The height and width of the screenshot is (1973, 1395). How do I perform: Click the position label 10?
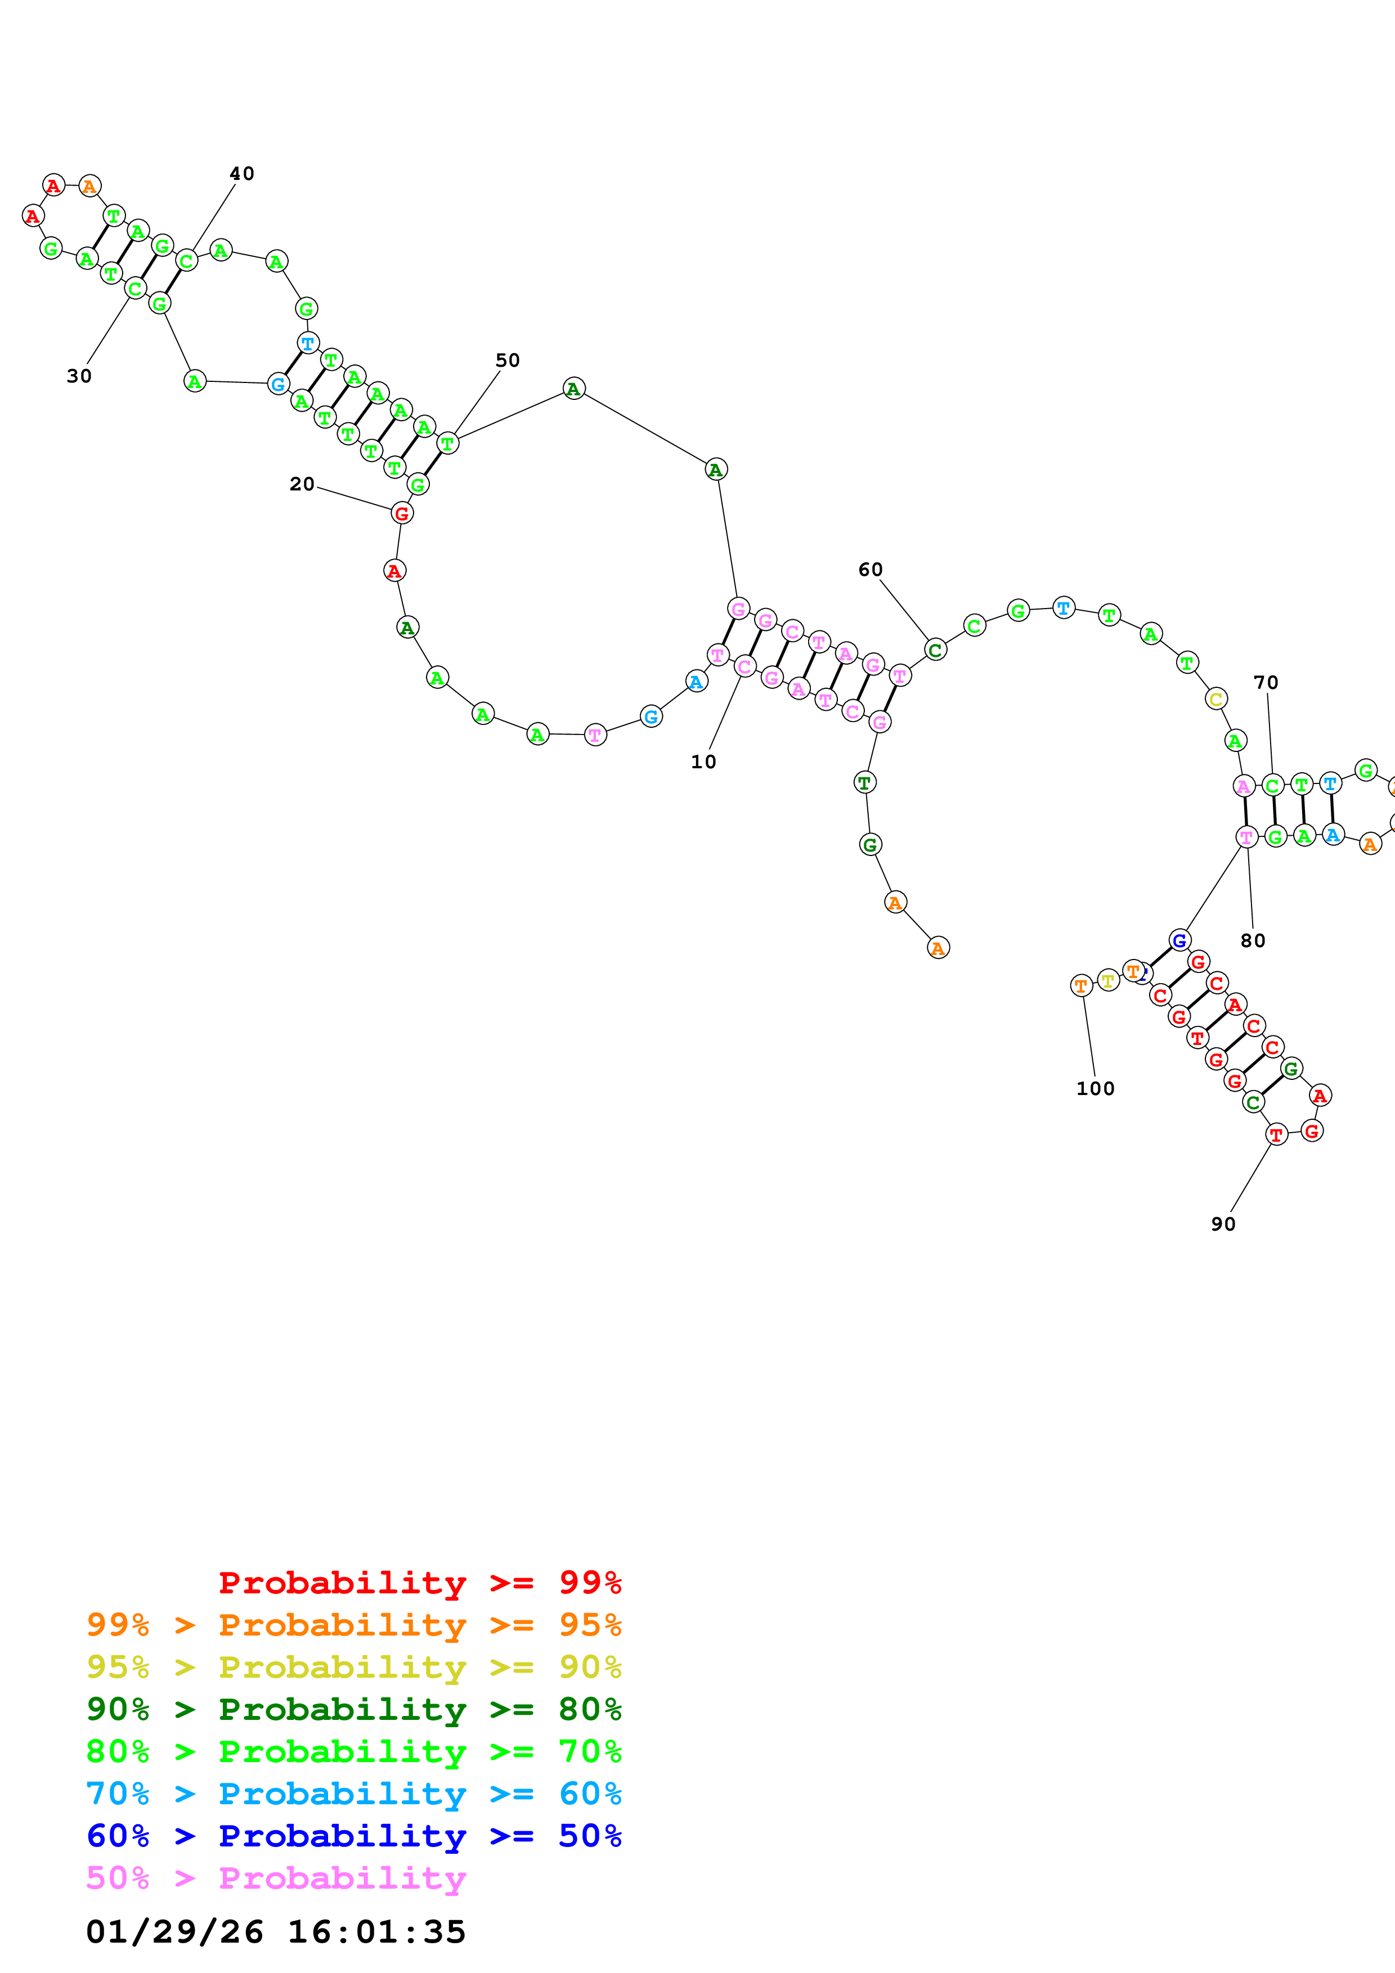tap(703, 762)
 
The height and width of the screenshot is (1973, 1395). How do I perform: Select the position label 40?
tap(241, 174)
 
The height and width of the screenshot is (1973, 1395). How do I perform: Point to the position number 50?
tap(507, 360)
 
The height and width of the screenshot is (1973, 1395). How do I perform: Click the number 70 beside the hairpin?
tap(1265, 682)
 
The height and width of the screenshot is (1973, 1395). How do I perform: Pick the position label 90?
tap(1223, 1224)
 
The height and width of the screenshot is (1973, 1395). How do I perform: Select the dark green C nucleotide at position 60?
tap(935, 650)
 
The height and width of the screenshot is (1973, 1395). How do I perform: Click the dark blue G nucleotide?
tap(1179, 940)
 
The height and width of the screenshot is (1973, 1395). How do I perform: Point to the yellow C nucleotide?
tap(1215, 699)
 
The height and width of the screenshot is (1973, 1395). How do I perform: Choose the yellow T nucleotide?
tap(1108, 980)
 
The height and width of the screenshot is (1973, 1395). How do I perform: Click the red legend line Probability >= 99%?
tap(419, 1582)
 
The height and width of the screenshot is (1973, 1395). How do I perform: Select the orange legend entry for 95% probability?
tap(354, 1624)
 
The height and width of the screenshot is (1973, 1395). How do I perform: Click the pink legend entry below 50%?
tap(276, 1877)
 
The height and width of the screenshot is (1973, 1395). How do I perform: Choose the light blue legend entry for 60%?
tap(354, 1794)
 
